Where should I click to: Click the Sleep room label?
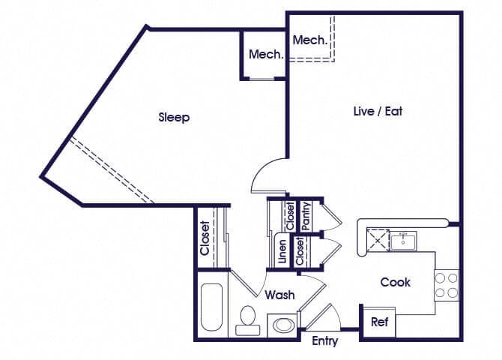coord(174,118)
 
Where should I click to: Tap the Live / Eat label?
coord(378,111)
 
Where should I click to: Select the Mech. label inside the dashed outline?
coord(309,40)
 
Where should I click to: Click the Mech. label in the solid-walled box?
coord(265,55)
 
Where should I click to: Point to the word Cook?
coord(395,283)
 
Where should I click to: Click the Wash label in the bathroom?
coord(279,295)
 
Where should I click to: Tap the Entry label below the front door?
coord(324,342)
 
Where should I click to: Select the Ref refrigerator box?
coord(378,322)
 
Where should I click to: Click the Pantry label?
coord(306,216)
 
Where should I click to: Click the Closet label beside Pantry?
coord(290,216)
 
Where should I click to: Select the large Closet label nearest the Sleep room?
coord(205,237)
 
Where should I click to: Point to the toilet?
coord(246,320)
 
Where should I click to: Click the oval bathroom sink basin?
coord(283,325)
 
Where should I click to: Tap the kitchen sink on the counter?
coord(403,240)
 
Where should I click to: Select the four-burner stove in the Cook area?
coord(447,285)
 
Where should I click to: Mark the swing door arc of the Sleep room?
coord(267,175)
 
